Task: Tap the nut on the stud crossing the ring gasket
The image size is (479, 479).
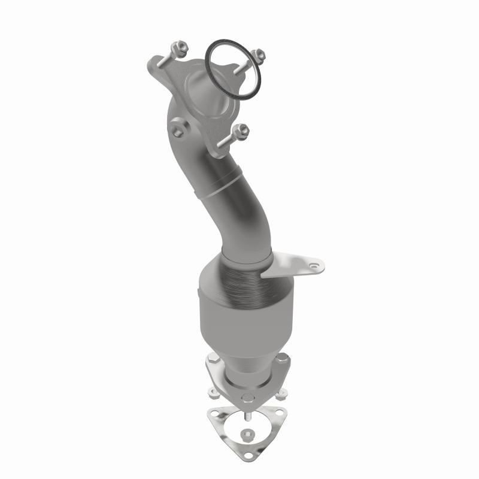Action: coord(259,54)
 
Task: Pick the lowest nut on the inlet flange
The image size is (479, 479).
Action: coord(242,129)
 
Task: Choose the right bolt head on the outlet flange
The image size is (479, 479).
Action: coord(283,358)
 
